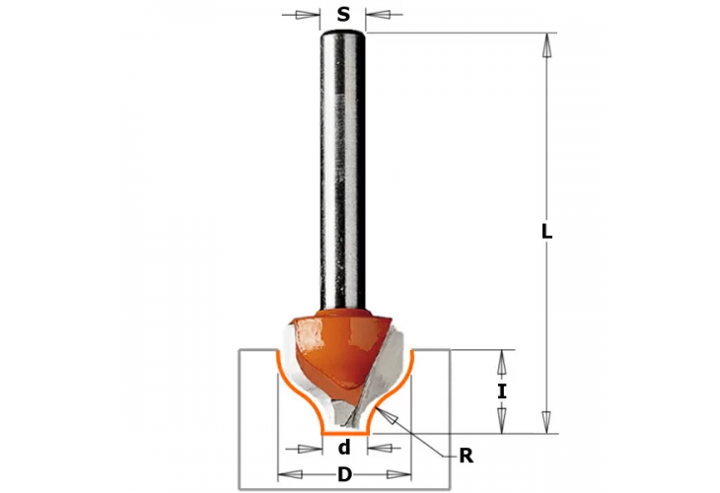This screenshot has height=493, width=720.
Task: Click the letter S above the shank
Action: [x=343, y=15]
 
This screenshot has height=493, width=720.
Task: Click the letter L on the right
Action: [x=547, y=233]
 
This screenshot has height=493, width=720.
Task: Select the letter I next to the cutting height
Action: [x=502, y=391]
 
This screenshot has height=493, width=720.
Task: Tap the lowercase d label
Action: [x=345, y=447]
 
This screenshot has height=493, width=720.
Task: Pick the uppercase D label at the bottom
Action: [x=345, y=475]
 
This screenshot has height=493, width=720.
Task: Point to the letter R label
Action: [x=465, y=456]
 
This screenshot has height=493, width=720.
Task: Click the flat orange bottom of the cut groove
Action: [x=345, y=432]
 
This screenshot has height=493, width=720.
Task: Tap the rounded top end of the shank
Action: [x=343, y=35]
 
